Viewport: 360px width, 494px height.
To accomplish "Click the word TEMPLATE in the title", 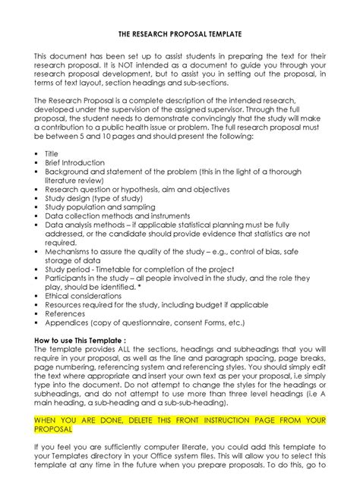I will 219,35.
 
